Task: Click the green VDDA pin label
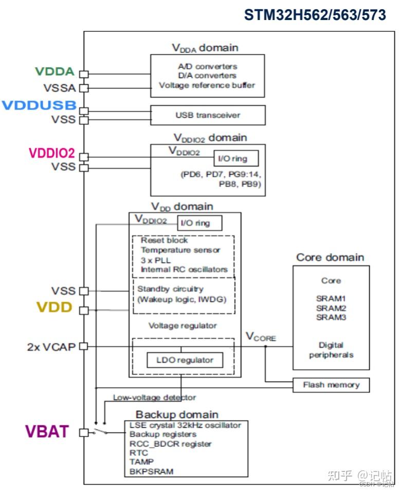54,71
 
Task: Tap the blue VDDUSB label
39,105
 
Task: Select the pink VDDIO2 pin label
52,153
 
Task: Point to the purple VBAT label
47,431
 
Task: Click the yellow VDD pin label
54,307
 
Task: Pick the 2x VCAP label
51,347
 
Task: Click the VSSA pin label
60,88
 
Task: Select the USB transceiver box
208,115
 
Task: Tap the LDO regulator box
185,360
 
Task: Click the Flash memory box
331,385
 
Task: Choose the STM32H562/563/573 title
315,15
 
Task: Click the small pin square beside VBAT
84,433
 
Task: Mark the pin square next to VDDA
84,74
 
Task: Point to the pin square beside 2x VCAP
84,347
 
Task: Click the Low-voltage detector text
154,397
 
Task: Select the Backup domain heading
177,414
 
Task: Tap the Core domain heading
330,257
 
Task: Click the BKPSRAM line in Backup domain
151,471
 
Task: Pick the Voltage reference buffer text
207,85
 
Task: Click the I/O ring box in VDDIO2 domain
236,158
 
